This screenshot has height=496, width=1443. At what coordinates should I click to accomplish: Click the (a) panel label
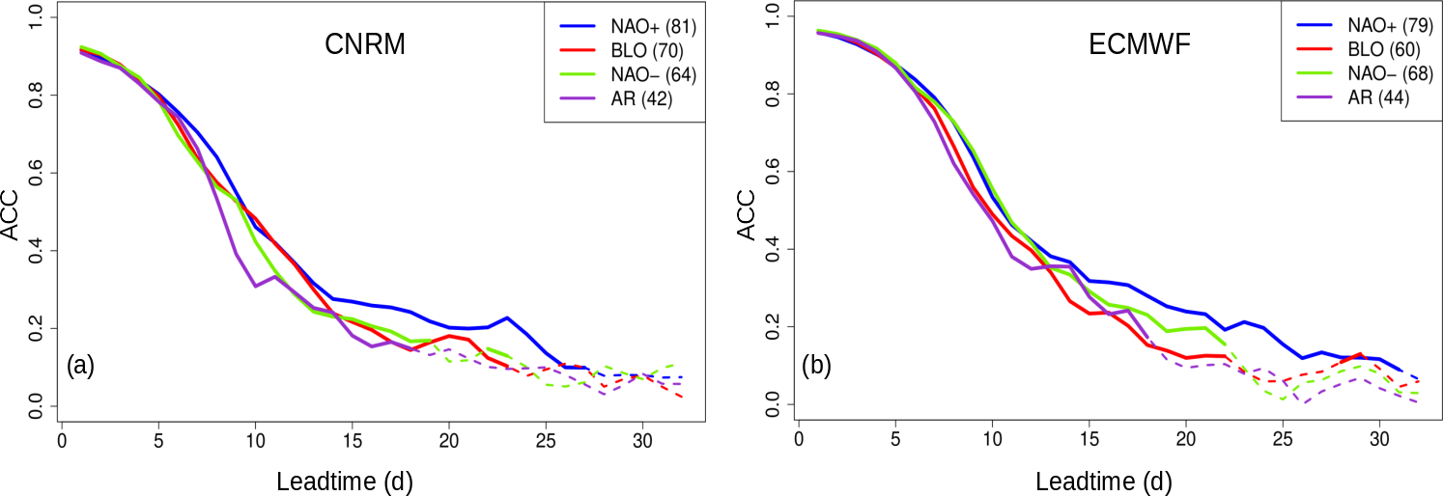pyautogui.click(x=80, y=366)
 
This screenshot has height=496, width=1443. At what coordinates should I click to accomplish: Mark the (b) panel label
pyautogui.click(x=817, y=366)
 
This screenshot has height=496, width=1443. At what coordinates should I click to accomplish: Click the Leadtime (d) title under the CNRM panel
pyautogui.click(x=347, y=479)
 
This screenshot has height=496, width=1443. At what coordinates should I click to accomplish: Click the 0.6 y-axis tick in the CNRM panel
pyautogui.click(x=36, y=173)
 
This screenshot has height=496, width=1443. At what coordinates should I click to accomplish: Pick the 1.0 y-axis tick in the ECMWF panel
pyautogui.click(x=773, y=15)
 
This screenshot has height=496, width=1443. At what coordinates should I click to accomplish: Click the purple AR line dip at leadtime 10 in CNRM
pyautogui.click(x=255, y=286)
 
